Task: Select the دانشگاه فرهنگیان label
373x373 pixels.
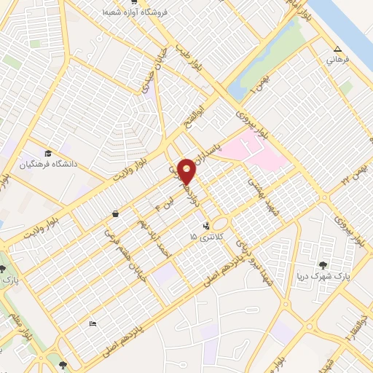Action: [50, 164]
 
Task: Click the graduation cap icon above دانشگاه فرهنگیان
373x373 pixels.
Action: [48, 153]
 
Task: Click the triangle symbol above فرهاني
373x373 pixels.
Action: [337, 49]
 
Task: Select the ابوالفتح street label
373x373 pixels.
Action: [209, 114]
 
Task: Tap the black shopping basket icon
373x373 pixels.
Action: [116, 214]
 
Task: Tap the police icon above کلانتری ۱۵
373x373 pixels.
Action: [207, 225]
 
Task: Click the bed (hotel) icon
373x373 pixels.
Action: [91, 322]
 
